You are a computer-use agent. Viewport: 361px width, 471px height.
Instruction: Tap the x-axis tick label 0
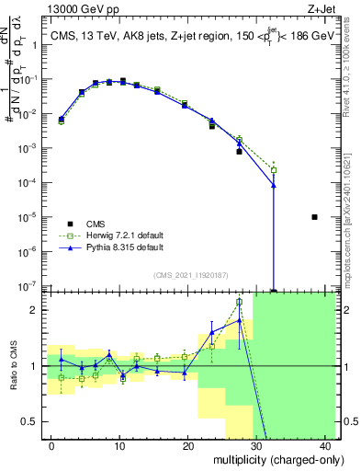51,445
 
